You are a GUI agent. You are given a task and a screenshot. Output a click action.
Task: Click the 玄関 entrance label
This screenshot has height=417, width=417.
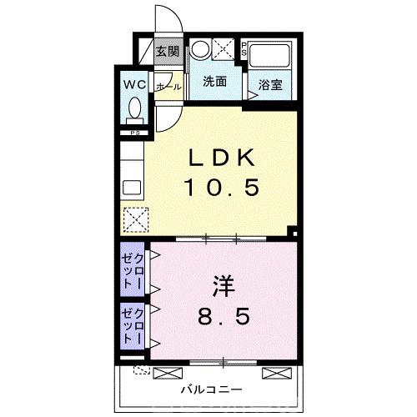click(x=168, y=52)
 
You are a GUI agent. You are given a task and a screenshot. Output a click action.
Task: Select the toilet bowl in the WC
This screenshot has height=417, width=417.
click(x=136, y=111)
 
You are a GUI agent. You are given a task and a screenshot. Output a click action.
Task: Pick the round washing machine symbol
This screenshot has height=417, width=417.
click(x=201, y=48)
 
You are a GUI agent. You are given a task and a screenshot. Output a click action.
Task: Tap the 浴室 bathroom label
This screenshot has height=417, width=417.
click(x=269, y=84)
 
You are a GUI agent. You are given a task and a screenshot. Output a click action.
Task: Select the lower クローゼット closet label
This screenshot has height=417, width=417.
click(x=133, y=325)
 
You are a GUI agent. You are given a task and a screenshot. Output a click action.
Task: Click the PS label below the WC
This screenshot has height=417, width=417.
click(x=133, y=132)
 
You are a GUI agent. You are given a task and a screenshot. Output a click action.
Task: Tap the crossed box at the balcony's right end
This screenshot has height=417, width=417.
click(x=274, y=372)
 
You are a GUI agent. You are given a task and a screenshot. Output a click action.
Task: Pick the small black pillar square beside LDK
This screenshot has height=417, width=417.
click(x=290, y=232)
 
